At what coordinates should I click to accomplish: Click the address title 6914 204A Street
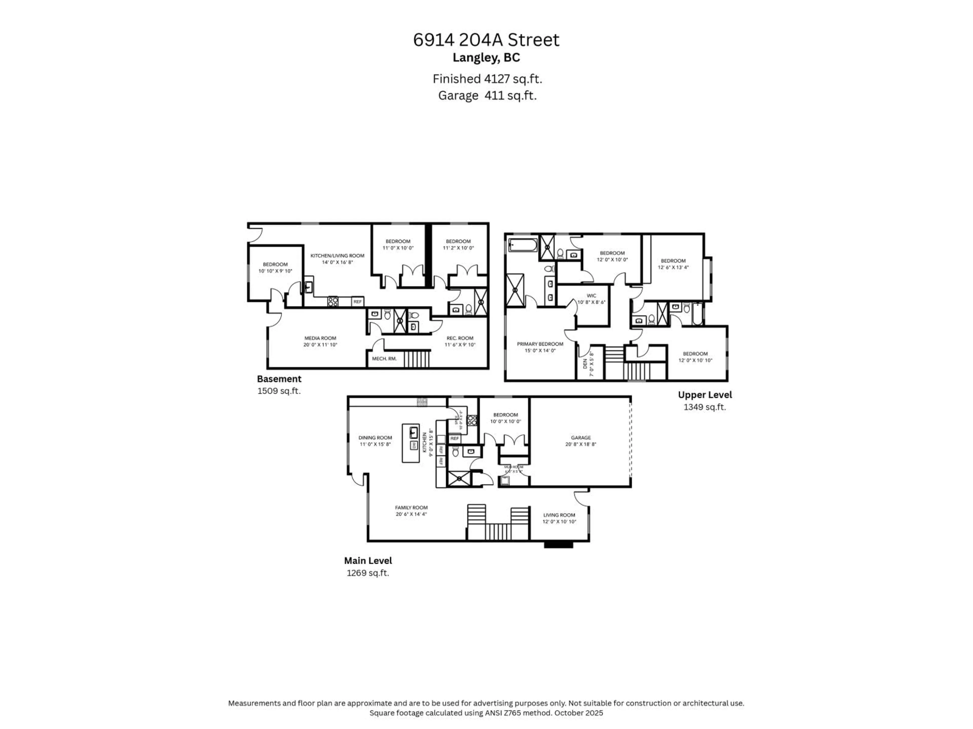point(486,40)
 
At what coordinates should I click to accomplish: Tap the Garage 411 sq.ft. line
point(487,95)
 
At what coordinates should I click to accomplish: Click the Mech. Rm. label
point(384,359)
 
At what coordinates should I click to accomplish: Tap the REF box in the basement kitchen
point(358,302)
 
